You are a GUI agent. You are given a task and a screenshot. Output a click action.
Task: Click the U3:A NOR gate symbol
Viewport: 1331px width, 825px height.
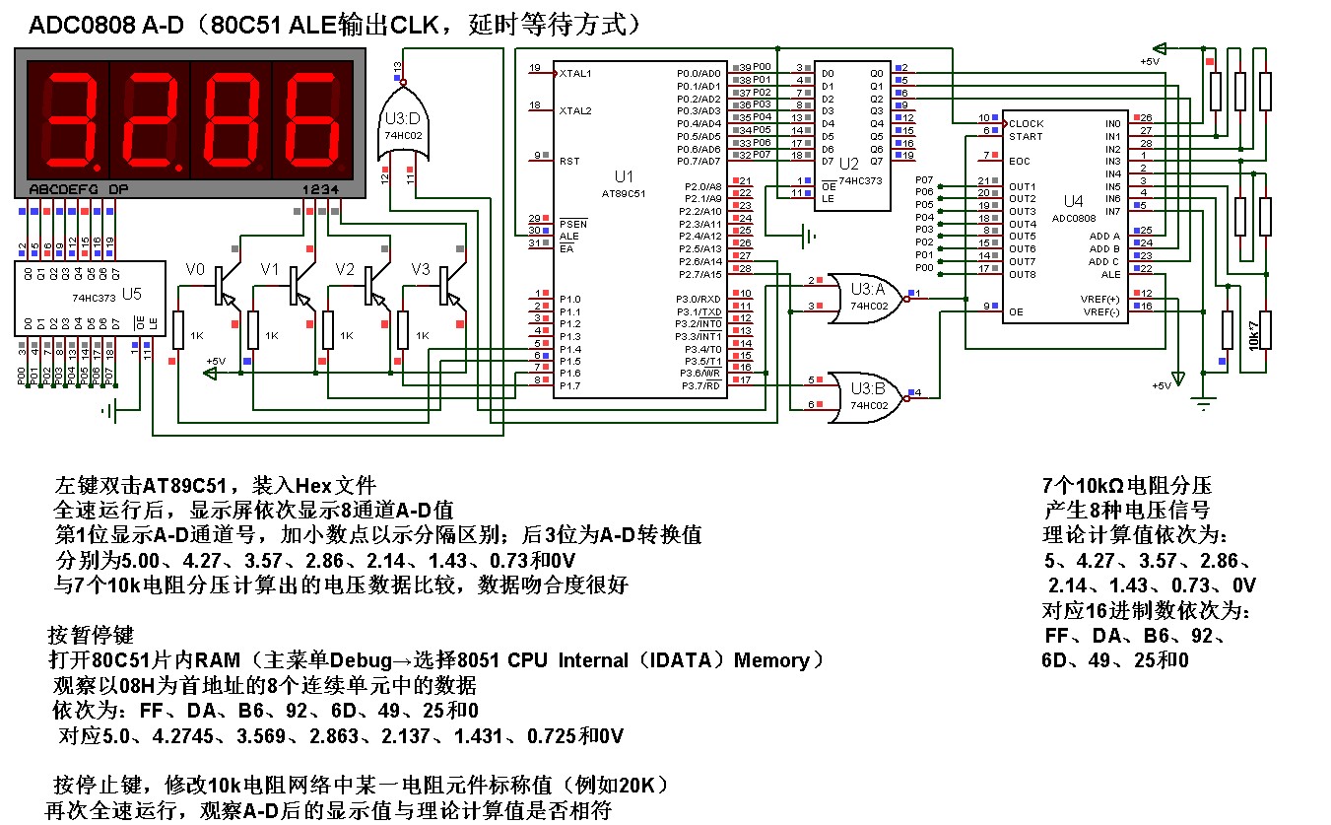coord(863,294)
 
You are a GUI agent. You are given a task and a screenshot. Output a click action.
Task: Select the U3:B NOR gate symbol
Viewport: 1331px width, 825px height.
coord(863,392)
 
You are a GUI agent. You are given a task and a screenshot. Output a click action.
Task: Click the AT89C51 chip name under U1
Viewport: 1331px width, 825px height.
coord(623,194)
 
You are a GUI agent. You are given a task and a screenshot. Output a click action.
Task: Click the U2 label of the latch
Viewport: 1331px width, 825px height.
coord(846,163)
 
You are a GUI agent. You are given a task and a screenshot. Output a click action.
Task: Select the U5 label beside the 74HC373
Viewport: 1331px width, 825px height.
coord(131,293)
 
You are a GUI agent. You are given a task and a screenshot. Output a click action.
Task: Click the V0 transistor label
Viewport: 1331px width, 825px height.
coord(196,269)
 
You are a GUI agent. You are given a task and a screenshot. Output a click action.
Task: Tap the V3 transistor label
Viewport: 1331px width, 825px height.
coord(421,269)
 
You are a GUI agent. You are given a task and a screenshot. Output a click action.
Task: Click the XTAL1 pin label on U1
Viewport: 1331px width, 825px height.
coord(575,74)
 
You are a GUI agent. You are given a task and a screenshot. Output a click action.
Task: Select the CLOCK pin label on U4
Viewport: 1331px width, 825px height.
coord(1025,124)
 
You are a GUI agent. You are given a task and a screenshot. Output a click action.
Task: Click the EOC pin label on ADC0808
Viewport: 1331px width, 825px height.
coord(1019,161)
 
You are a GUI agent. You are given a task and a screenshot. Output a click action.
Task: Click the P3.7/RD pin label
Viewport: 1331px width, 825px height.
coord(700,385)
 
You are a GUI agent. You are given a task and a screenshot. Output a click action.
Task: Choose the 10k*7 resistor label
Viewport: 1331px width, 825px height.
coord(1253,333)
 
